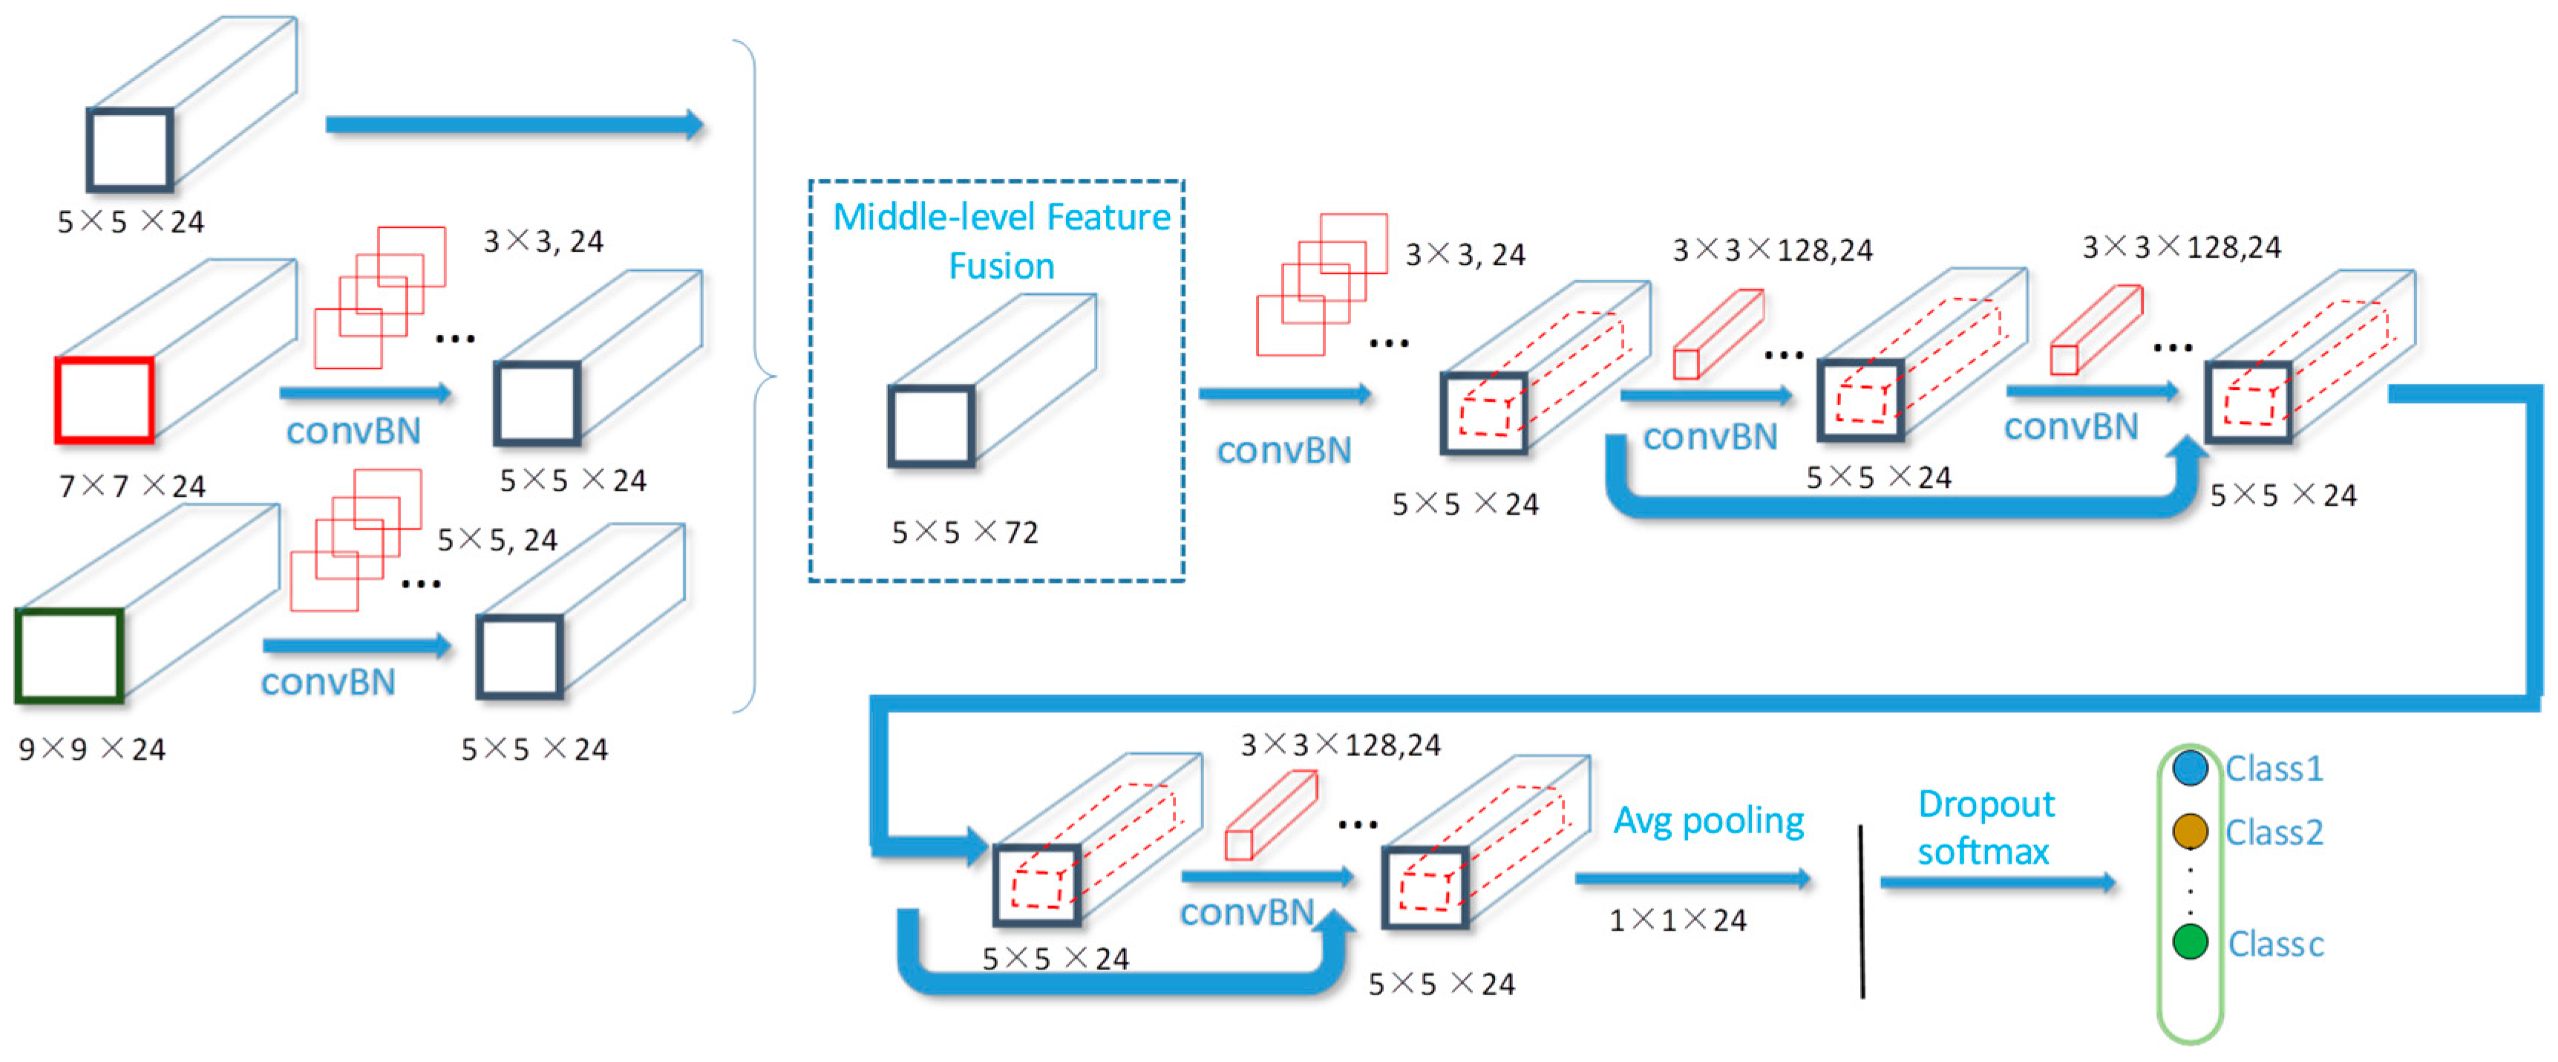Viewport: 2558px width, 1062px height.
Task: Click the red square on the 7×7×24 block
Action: click(104, 400)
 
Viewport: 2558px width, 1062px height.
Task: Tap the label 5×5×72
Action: click(964, 532)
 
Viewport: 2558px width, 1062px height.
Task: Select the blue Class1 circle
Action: click(2190, 768)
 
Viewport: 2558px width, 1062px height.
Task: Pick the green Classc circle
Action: click(2190, 942)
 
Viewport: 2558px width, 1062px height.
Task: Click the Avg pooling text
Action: click(1708, 821)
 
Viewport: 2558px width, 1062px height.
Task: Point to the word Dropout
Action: click(1986, 804)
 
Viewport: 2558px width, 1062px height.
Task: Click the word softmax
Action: click(1982, 851)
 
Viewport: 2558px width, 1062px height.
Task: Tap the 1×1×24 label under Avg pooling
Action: click(1677, 920)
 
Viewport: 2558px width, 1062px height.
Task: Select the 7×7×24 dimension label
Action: click(132, 486)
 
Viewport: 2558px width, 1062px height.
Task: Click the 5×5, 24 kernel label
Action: click(497, 539)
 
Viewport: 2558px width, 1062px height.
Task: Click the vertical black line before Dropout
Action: click(1861, 910)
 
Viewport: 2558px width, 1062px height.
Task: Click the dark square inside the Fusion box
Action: click(930, 426)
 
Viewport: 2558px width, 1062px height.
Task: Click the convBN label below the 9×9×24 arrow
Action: click(327, 682)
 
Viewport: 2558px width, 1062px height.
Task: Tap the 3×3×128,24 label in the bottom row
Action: click(1340, 744)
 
